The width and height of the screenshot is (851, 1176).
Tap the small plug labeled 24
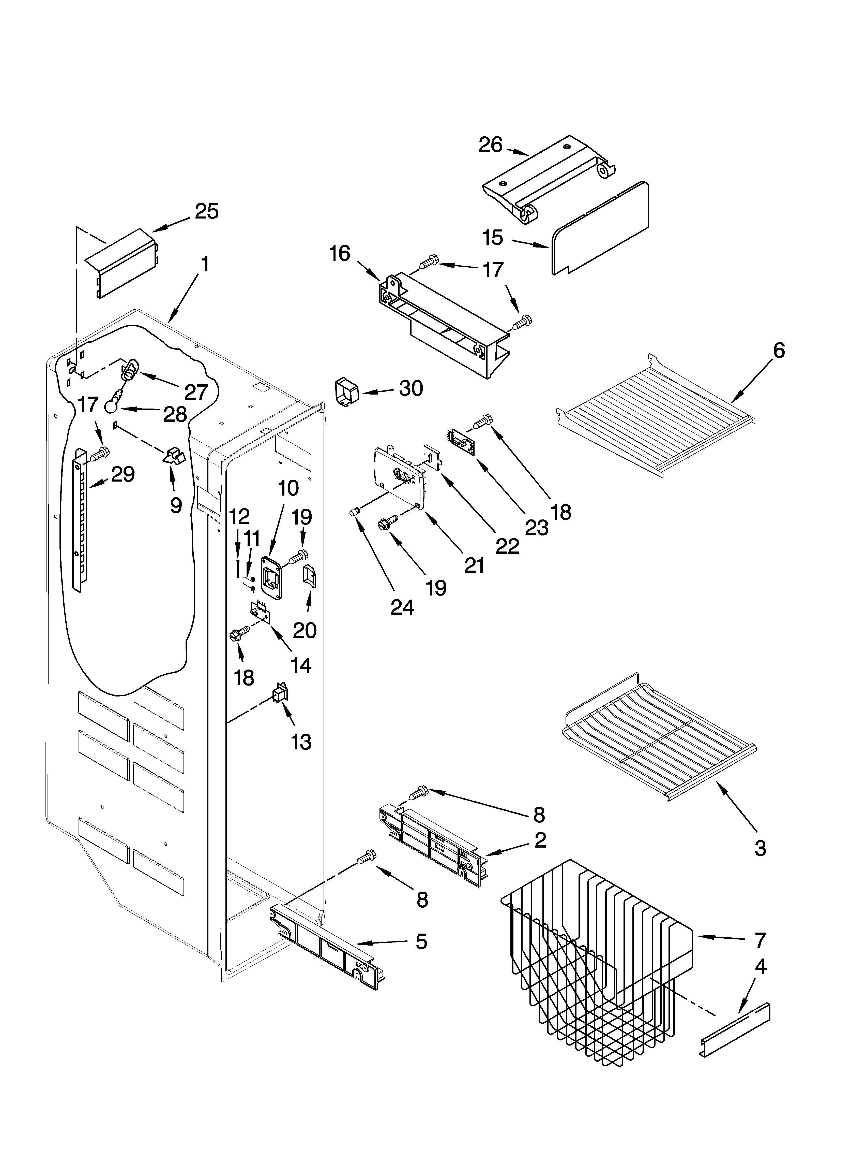point(355,513)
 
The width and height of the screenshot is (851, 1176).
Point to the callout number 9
point(176,505)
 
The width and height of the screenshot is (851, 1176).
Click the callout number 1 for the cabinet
point(205,264)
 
